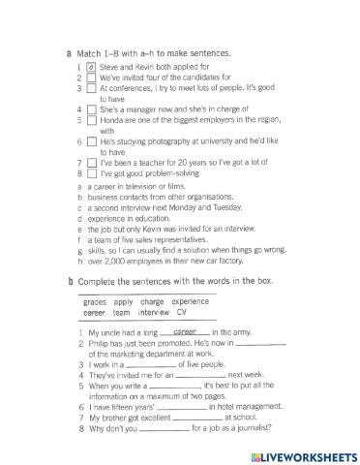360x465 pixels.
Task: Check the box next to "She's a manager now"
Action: point(90,109)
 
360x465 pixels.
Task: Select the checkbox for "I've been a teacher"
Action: point(90,163)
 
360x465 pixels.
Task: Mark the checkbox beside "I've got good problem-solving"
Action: point(90,173)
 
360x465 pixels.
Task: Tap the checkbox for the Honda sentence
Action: point(90,120)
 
